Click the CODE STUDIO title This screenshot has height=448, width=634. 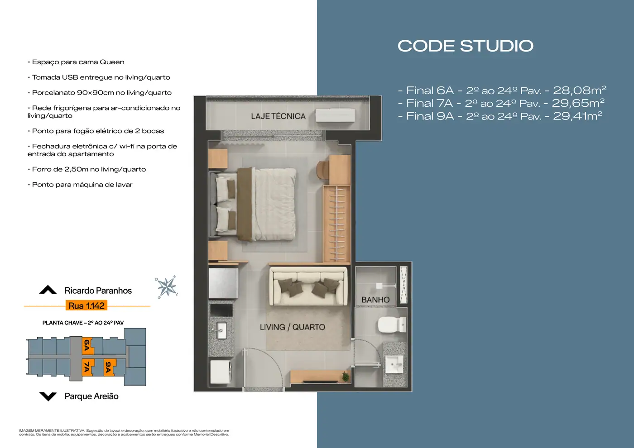(466, 46)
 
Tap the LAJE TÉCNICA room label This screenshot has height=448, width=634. (278, 116)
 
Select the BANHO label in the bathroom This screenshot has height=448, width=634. (375, 300)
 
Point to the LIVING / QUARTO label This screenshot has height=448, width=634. (293, 327)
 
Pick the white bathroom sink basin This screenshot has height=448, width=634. (394, 364)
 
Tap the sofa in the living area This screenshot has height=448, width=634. (308, 286)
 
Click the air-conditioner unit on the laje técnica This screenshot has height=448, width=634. (336, 116)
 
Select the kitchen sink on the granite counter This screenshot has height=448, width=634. (221, 330)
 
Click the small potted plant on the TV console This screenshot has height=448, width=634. (345, 377)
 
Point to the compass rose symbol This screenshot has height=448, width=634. (167, 287)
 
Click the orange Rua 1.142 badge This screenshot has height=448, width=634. (86, 306)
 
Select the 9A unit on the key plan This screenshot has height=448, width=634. (108, 367)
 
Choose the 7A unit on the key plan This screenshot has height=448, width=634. (87, 367)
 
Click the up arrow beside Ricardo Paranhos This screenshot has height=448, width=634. (48, 290)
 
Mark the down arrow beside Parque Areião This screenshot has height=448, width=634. (48, 396)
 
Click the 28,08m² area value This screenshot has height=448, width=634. (579, 90)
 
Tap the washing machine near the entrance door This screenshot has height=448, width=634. (221, 372)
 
